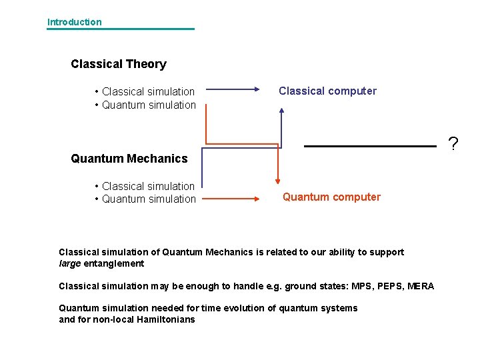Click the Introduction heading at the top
pyautogui.click(x=74, y=22)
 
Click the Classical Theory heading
pyautogui.click(x=119, y=64)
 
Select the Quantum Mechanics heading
pyautogui.click(x=129, y=159)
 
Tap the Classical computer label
pyautogui.click(x=327, y=91)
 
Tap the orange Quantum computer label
pyautogui.click(x=331, y=197)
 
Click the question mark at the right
pyautogui.click(x=453, y=143)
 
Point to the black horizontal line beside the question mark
pyautogui.click(x=370, y=145)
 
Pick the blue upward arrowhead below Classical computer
pyautogui.click(x=281, y=111)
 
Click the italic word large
pyautogui.click(x=70, y=263)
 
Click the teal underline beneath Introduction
pyautogui.click(x=121, y=29)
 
